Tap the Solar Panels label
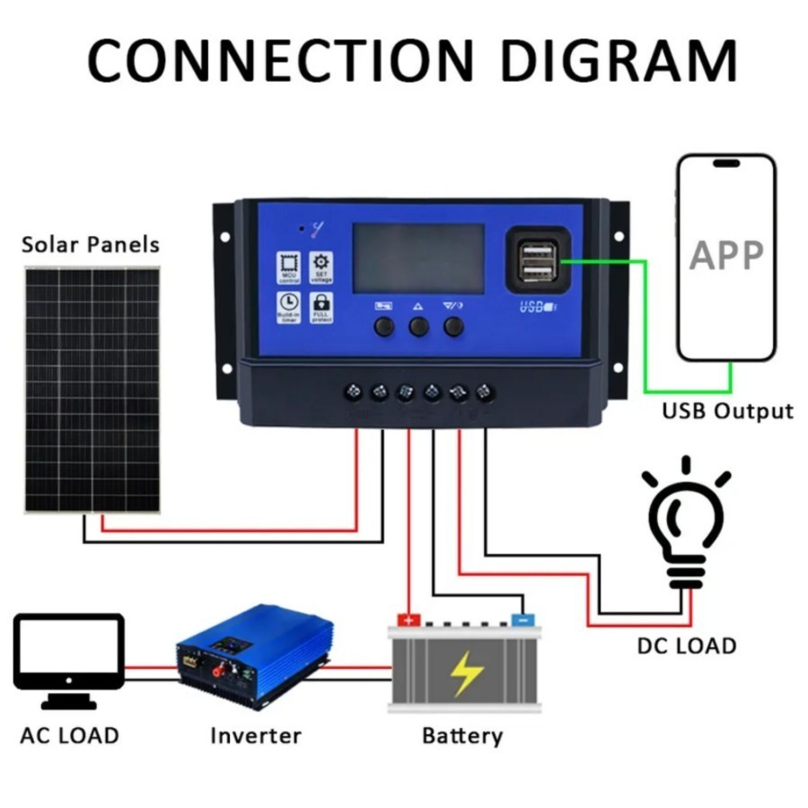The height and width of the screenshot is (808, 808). click(91, 244)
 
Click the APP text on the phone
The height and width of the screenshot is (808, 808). click(726, 256)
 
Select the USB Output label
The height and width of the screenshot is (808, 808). click(727, 411)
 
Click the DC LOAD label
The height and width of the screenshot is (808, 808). click(686, 645)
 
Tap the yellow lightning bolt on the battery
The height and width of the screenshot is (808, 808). click(466, 674)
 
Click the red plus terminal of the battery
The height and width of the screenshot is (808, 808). click(408, 619)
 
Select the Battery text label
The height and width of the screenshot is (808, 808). click(462, 736)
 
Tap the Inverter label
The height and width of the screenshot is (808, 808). click(256, 736)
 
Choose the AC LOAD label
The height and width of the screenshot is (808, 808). click(69, 736)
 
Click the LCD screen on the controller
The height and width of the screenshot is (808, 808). click(418, 259)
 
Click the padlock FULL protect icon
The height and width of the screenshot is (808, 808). click(321, 307)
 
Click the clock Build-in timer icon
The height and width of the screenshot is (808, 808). click(289, 307)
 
